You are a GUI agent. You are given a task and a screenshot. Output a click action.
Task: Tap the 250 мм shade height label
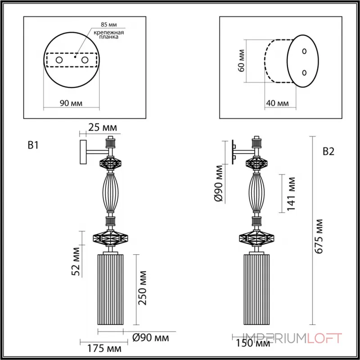tap(143, 288)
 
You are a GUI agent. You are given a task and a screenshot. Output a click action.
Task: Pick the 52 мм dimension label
tap(76, 261)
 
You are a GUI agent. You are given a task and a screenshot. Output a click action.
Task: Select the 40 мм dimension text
tap(277, 103)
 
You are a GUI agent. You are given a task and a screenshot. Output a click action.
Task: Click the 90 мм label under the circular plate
tap(71, 103)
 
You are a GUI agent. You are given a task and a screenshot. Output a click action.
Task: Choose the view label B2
tap(328, 152)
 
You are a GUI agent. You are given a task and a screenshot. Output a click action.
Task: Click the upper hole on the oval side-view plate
tap(304, 52)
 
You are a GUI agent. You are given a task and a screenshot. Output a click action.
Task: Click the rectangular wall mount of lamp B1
tap(83, 152)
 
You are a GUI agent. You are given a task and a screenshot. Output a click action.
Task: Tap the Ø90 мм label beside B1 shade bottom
tap(151, 337)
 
